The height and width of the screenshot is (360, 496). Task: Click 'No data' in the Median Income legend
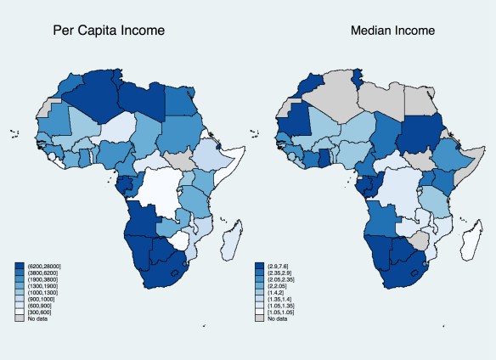(x=279, y=318)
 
